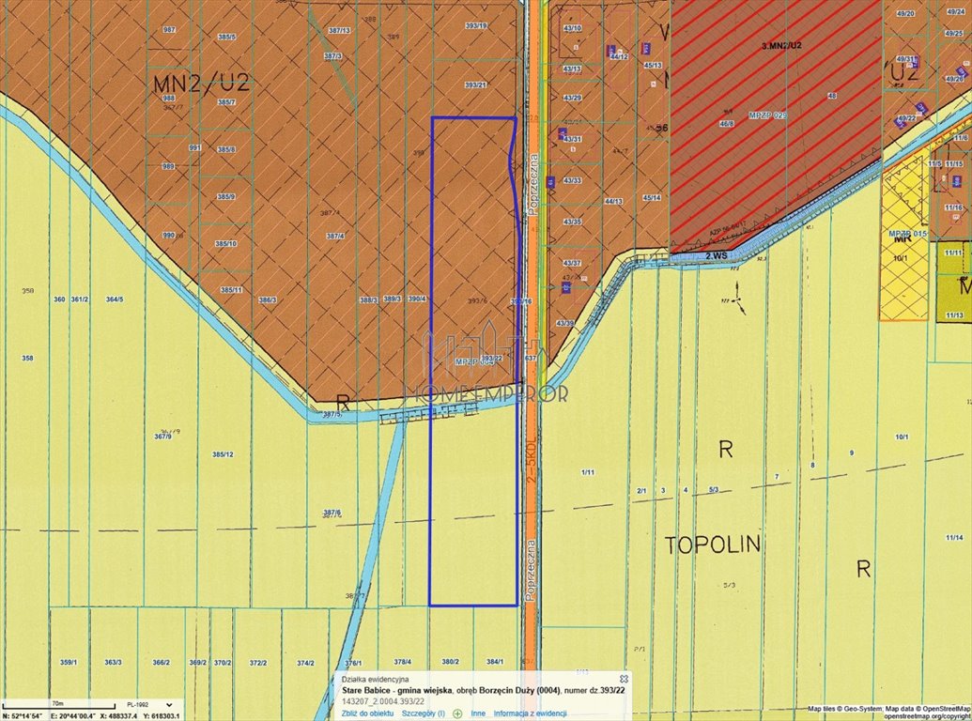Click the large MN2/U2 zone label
pyautogui.click(x=200, y=83)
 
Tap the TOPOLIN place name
pyautogui.click(x=713, y=545)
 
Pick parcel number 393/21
pyautogui.click(x=476, y=85)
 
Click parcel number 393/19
pyautogui.click(x=476, y=25)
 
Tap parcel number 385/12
pyautogui.click(x=223, y=454)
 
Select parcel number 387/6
pyautogui.click(x=332, y=513)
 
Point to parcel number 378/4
pyautogui.click(x=402, y=662)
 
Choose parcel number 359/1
pyautogui.click(x=68, y=662)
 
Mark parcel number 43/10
pyautogui.click(x=572, y=28)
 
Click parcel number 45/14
pyautogui.click(x=652, y=197)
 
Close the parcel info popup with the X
pyautogui.click(x=624, y=678)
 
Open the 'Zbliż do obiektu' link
pyautogui.click(x=367, y=713)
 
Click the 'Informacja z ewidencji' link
pyautogui.click(x=530, y=713)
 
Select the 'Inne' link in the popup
pyautogui.click(x=478, y=713)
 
